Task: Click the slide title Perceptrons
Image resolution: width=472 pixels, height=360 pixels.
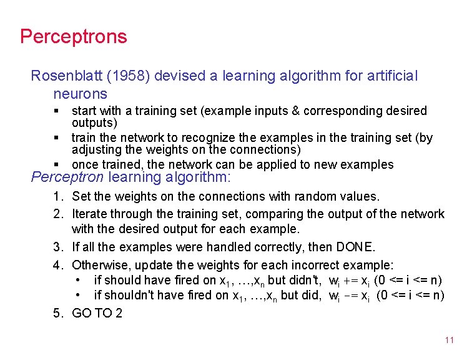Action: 73,36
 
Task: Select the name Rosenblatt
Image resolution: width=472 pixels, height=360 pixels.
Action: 69,76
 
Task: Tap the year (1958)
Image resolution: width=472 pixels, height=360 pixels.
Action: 130,76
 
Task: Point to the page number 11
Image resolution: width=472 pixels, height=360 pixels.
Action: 449,341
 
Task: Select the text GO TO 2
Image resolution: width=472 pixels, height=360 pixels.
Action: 97,313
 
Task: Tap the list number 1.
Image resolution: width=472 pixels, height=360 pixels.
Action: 57,197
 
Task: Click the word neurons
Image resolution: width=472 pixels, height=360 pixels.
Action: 80,94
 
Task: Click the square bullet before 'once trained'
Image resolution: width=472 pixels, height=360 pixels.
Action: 56,164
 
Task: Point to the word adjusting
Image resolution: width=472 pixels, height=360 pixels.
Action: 99,150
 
